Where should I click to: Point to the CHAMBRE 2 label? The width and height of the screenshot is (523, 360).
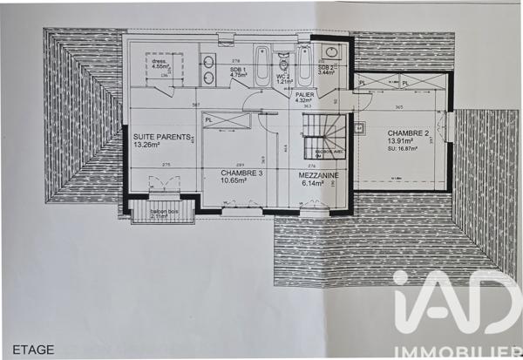pyautogui.click(x=408, y=133)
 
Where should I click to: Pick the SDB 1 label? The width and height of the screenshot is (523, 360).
pyautogui.click(x=238, y=69)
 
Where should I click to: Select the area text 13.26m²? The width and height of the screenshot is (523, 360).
pyautogui.click(x=147, y=145)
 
